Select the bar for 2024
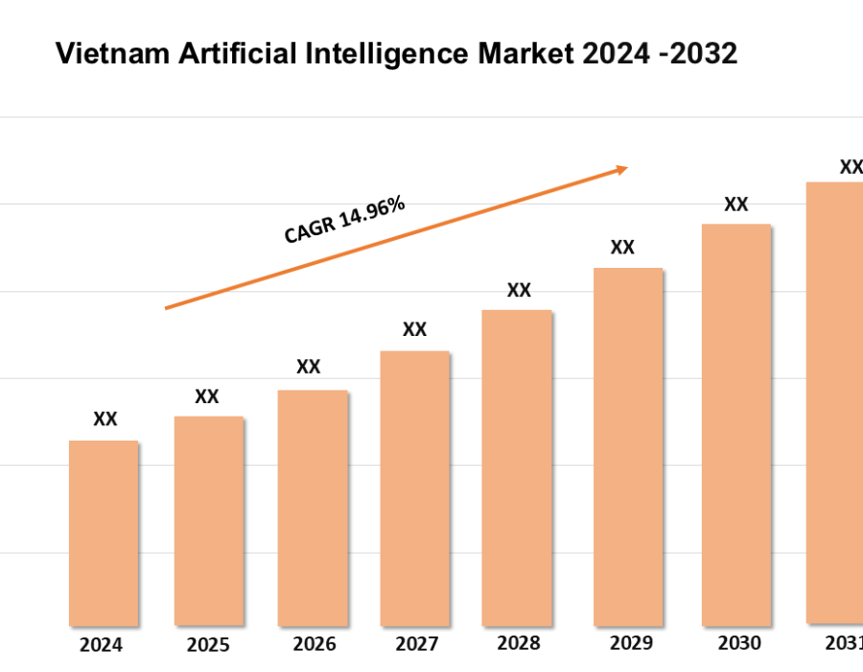click(x=104, y=533)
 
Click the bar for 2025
click(x=208, y=521)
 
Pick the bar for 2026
click(x=313, y=508)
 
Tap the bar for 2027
click(x=414, y=488)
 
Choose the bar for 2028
click(x=517, y=468)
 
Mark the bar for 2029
click(x=628, y=446)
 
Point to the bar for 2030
click(x=735, y=424)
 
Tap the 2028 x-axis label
click(x=519, y=643)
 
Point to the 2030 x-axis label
click(x=738, y=643)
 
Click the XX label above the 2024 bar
click(x=105, y=420)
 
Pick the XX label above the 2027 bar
click(x=414, y=329)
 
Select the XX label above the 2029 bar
click(x=622, y=248)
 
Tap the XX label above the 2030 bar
click(x=735, y=204)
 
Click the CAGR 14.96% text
click(x=344, y=220)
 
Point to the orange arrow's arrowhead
click(x=621, y=170)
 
